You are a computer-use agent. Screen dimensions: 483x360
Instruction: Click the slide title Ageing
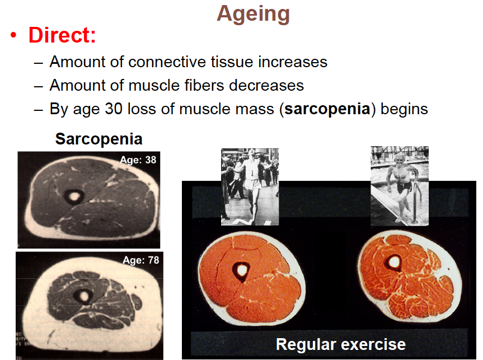253,14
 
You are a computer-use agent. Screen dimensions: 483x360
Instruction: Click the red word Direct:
62,35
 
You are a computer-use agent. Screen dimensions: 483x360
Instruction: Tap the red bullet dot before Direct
13,35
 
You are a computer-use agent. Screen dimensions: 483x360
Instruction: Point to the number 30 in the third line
114,109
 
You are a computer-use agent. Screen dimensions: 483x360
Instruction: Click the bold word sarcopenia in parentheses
327,109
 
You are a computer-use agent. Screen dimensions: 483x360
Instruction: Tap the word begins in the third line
404,109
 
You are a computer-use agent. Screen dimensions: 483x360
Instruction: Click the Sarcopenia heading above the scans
99,139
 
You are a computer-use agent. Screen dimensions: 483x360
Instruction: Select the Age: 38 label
138,160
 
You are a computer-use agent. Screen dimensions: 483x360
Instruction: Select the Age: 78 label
141,260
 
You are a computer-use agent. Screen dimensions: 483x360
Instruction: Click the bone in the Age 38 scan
74,196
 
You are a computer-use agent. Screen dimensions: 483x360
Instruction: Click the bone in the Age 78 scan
83,296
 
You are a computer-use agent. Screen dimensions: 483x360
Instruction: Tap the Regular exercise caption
341,344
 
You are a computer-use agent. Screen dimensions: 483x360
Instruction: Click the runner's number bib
252,174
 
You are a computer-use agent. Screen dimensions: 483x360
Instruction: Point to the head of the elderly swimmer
400,159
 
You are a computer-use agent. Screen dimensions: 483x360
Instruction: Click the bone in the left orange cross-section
241,271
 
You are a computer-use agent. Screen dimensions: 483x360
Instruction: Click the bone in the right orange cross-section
394,263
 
